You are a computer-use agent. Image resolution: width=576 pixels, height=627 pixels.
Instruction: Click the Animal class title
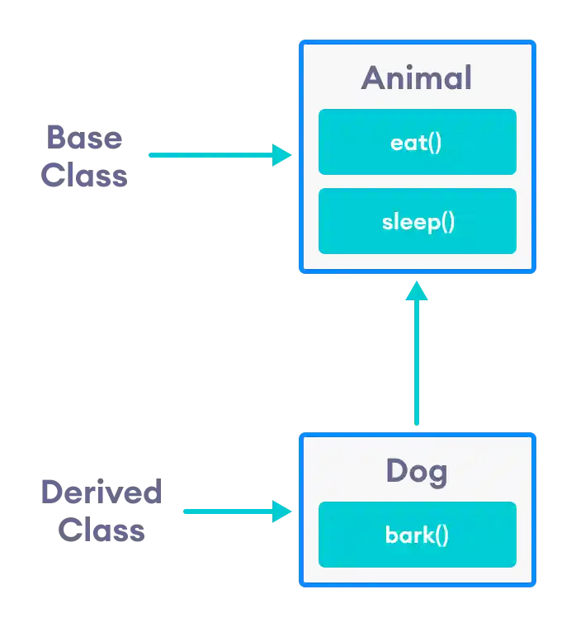pos(417,78)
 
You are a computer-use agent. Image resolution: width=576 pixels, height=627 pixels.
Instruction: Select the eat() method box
pos(417,142)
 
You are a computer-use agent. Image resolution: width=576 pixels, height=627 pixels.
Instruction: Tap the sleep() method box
pos(417,221)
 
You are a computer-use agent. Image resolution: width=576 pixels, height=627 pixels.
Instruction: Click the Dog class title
pos(417,471)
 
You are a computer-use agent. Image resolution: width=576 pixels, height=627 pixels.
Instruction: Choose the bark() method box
pos(417,535)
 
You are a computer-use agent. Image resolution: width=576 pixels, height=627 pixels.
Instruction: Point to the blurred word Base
pos(84,137)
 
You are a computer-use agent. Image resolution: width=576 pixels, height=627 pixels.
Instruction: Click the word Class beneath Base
pos(85,176)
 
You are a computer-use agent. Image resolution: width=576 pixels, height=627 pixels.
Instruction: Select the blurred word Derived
pos(102,493)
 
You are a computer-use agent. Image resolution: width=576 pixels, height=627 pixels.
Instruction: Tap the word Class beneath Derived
pos(102,531)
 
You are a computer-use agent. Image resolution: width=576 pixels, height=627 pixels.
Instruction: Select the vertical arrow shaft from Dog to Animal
pos(416,363)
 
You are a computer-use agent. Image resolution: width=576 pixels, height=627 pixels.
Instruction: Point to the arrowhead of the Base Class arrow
pos(283,154)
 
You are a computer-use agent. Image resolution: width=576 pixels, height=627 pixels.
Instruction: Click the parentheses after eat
pos(435,143)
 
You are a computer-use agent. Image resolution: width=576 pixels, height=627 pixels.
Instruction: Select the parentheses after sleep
pos(447,222)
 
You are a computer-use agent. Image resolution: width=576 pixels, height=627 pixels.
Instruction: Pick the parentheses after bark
pos(441,535)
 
